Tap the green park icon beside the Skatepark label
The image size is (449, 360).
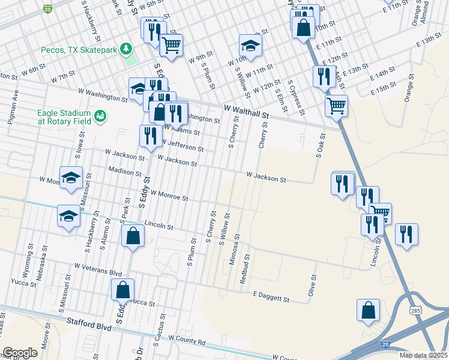click(x=127, y=48)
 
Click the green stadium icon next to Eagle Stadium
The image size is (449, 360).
click(x=100, y=115)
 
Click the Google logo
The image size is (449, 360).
click(x=20, y=353)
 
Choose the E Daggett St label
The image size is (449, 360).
click(x=271, y=296)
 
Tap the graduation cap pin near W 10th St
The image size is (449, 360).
click(x=250, y=45)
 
